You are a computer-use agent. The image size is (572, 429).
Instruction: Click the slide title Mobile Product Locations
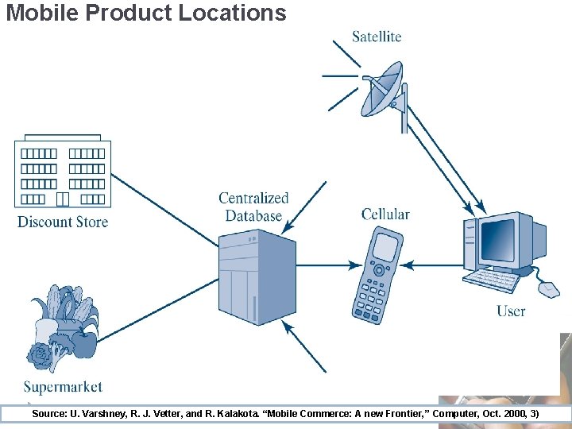[145, 13]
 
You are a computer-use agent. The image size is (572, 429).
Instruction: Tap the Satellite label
[377, 37]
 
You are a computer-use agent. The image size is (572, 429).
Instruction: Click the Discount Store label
[63, 222]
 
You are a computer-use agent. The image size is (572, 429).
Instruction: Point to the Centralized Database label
[253, 207]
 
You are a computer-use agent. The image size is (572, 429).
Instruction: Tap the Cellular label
[385, 214]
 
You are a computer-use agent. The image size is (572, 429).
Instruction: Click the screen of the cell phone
[385, 246]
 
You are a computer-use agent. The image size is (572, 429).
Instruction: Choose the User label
[511, 311]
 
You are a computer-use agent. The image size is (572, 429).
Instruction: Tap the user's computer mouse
[549, 288]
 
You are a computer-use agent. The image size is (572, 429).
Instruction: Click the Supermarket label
[63, 387]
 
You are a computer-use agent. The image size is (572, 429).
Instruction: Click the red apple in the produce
[83, 343]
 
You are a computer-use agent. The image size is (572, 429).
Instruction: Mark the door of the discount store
[63, 199]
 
